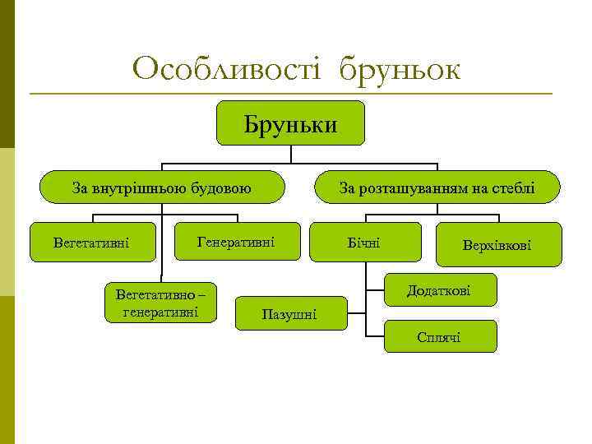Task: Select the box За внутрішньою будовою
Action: click(x=162, y=188)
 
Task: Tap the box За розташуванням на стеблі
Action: click(x=437, y=188)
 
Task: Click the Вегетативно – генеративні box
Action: click(x=161, y=302)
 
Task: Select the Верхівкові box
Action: click(x=496, y=245)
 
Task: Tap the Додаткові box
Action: click(x=438, y=291)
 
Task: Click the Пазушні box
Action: click(x=289, y=313)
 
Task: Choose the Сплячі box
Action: click(x=439, y=336)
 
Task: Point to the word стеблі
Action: click(x=513, y=189)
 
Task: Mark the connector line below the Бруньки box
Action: click(x=290, y=154)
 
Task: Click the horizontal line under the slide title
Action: click(x=290, y=94)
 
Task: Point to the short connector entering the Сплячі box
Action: click(x=374, y=335)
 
